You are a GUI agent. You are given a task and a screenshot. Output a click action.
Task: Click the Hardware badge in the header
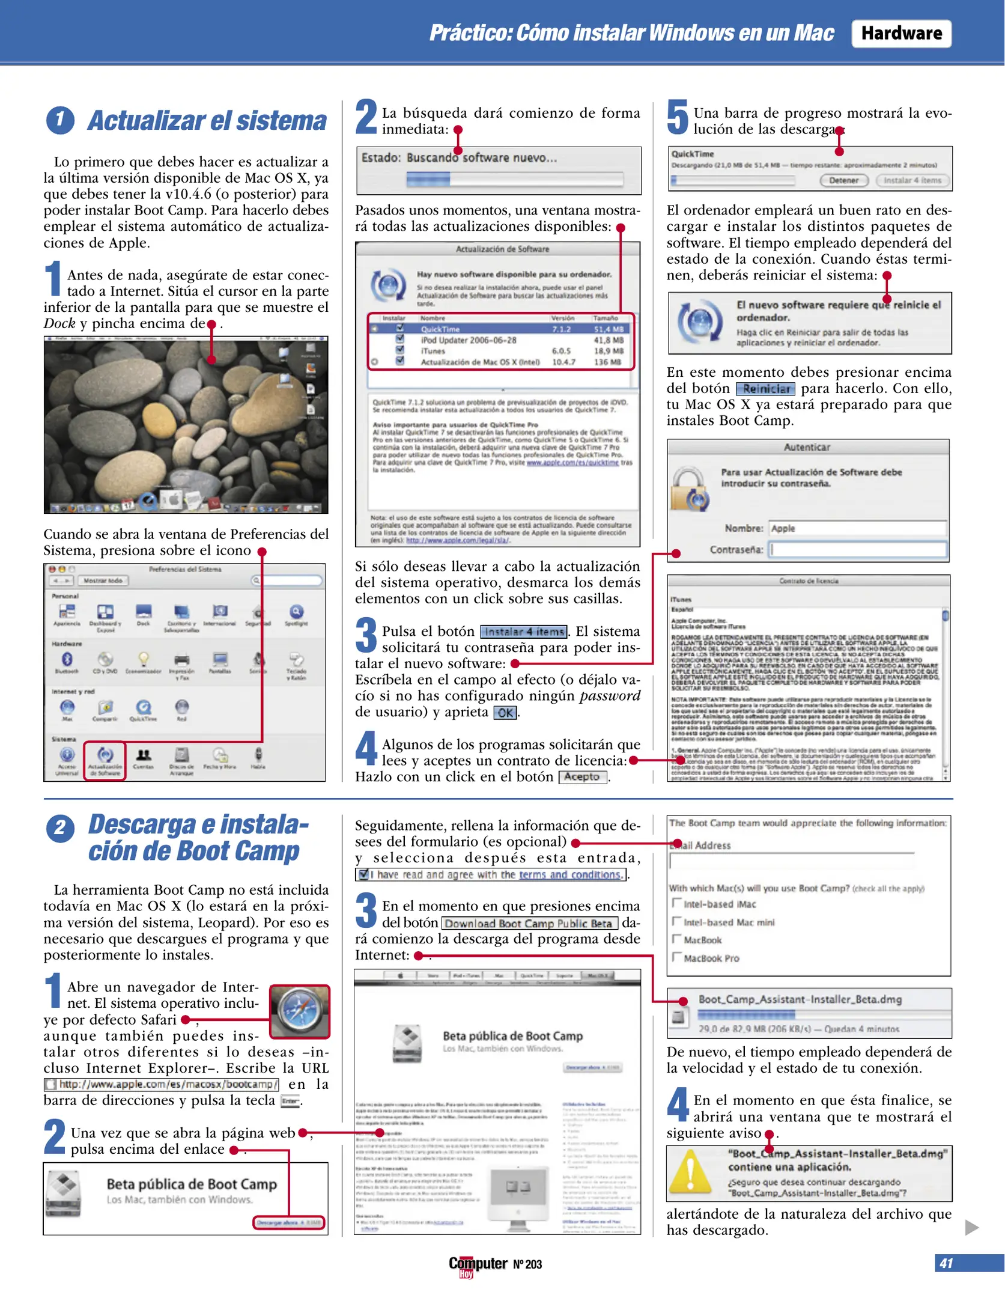901,34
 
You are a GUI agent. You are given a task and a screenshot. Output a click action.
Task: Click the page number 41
946,1263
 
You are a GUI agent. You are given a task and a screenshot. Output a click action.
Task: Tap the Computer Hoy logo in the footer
478,1265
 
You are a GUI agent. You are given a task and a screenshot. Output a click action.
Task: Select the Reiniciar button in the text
765,389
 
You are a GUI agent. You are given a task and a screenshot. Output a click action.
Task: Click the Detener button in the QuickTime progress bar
843,180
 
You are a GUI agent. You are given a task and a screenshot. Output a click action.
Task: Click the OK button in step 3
505,713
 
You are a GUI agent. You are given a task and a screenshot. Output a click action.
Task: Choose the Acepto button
582,777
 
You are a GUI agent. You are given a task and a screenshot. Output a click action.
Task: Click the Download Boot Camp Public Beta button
529,924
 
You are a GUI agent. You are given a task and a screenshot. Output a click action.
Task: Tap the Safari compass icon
299,1011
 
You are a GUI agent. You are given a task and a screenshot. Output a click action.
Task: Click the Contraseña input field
858,549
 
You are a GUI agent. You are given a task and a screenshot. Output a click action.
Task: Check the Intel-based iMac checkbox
677,903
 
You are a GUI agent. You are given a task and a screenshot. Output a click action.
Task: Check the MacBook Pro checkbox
677,957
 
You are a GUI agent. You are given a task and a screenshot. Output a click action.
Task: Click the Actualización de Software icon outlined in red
105,760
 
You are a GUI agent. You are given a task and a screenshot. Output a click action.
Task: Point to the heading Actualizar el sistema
207,121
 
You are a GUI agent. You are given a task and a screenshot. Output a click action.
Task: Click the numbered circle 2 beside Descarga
60,829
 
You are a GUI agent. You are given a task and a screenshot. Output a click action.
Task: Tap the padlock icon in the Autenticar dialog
688,489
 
